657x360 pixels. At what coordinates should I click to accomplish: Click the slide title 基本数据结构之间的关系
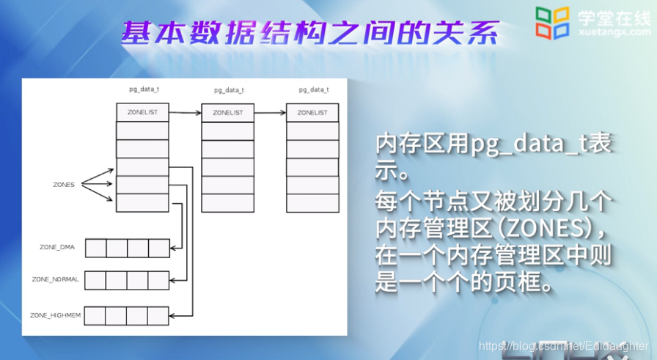pos(310,33)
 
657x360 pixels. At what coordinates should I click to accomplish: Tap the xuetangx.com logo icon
pos(551,22)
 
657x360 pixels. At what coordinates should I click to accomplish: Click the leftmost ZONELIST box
pos(142,113)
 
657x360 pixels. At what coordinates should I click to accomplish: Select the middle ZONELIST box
pos(227,113)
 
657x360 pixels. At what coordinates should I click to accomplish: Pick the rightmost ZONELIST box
pos(312,113)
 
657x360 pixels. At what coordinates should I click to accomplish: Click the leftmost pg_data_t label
pos(143,89)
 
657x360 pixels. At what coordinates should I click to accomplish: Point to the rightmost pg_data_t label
pos(313,89)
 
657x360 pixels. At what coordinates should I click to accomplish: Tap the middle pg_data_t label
pos(228,89)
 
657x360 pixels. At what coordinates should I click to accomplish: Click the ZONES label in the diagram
pos(64,185)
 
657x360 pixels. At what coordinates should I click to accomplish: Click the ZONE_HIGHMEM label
pos(55,315)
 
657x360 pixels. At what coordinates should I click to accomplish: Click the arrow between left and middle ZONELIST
pos(185,113)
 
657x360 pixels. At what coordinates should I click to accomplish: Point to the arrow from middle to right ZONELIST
pos(270,113)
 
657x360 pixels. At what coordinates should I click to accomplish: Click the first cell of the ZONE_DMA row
pos(96,248)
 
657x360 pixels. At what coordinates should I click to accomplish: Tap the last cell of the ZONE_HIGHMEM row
pos(158,315)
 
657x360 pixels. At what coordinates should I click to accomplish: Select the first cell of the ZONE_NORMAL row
pos(95,279)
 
